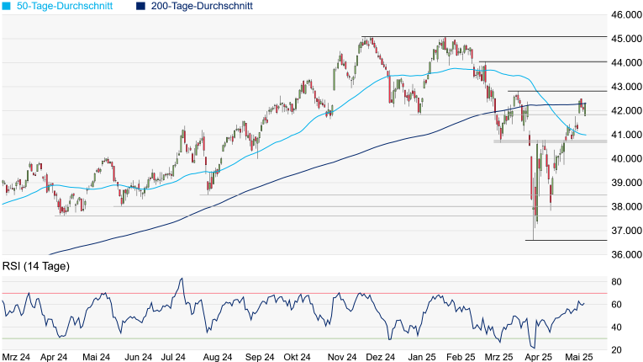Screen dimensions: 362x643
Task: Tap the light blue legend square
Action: pos(6,6)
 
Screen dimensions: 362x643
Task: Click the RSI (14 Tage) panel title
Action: pos(36,267)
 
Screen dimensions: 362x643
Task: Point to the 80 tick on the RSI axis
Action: pos(616,281)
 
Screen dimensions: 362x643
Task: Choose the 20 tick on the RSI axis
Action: pos(616,350)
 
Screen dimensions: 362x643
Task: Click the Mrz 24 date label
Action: pos(18,357)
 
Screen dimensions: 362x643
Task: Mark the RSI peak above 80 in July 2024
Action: pos(181,279)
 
